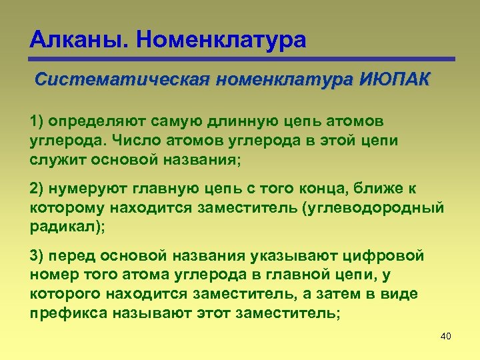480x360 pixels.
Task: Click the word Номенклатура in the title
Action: point(221,40)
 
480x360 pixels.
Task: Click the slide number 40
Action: point(446,335)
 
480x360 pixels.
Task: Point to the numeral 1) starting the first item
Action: point(37,121)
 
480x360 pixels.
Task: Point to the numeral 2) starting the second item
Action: point(37,189)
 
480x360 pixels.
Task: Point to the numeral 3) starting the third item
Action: point(37,257)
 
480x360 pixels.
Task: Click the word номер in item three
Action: point(49,274)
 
